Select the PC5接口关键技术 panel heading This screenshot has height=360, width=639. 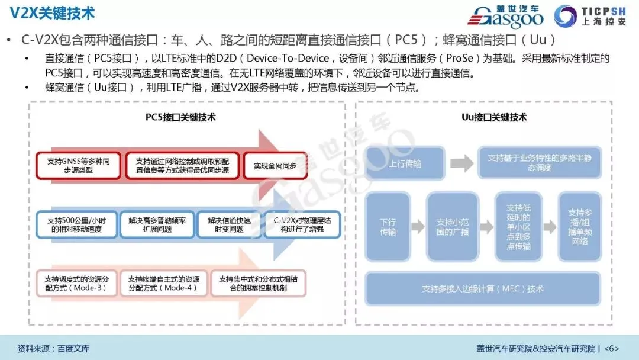(x=180, y=117)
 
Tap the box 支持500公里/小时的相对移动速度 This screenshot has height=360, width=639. (x=76, y=224)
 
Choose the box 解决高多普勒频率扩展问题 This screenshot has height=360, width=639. (x=157, y=224)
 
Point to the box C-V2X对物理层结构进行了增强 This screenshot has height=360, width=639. (x=302, y=224)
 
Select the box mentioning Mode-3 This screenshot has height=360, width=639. (x=76, y=283)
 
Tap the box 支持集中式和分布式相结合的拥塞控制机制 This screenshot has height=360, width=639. (x=257, y=283)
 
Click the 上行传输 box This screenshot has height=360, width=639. (x=405, y=163)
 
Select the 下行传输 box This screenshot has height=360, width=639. (x=388, y=227)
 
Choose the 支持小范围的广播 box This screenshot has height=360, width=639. (x=453, y=227)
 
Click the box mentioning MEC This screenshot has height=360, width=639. (x=483, y=289)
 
